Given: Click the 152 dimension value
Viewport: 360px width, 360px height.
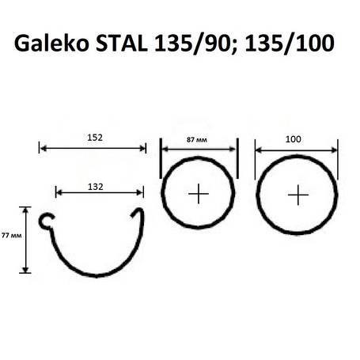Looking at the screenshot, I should [93, 137].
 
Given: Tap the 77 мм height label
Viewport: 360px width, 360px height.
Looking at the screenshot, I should [10, 235].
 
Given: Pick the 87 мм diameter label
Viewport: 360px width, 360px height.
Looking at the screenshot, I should [198, 138].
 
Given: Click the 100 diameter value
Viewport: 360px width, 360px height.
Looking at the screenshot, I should [294, 138].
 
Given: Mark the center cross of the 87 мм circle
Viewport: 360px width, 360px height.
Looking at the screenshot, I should [198, 194].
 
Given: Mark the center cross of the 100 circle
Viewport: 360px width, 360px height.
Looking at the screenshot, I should [297, 195].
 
